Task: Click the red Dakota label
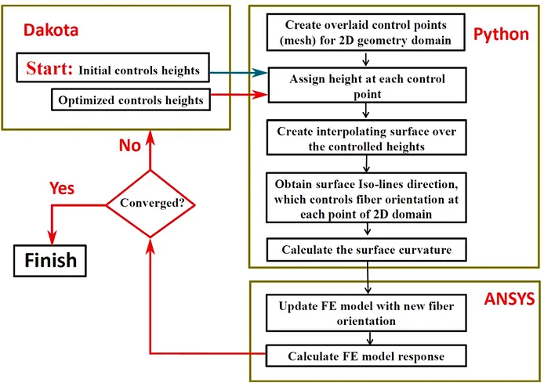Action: tap(51, 31)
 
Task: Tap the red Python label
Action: tap(501, 34)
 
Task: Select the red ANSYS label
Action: tap(510, 298)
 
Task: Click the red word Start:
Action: tap(49, 68)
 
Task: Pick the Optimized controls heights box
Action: tap(131, 99)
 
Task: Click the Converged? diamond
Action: tap(151, 204)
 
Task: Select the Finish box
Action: tap(50, 261)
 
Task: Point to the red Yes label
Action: tap(62, 188)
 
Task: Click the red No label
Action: tap(130, 145)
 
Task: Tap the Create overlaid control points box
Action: tap(366, 32)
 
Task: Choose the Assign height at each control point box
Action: tap(367, 85)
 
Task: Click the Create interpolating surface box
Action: tap(366, 138)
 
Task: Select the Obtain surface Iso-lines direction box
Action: tap(366, 197)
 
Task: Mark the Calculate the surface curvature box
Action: tap(366, 250)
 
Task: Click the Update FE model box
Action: tap(366, 313)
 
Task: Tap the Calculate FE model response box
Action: tap(366, 356)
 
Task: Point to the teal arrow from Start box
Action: tap(239, 72)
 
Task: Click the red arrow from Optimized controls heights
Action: tap(239, 94)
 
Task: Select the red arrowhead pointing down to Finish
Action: tap(52, 238)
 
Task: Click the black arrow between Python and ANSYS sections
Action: tap(368, 277)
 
